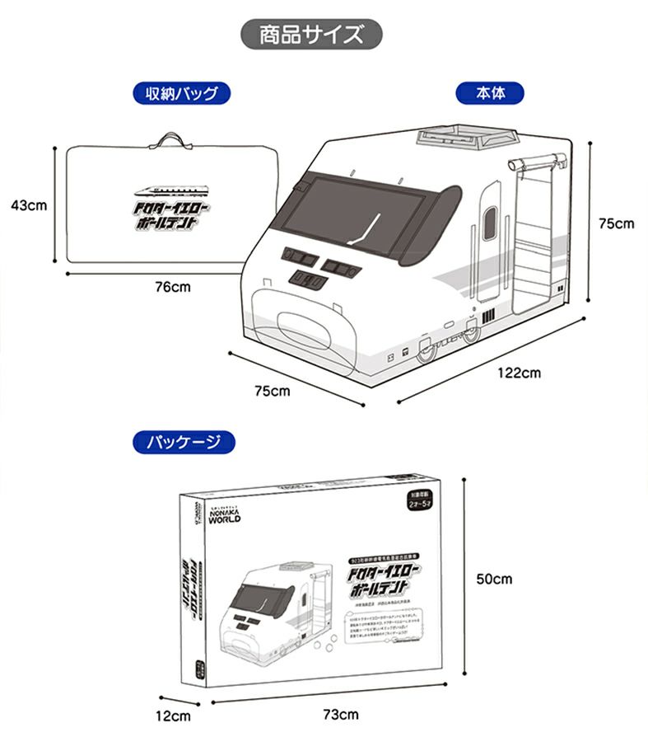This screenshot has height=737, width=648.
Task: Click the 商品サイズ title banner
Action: pos(311,35)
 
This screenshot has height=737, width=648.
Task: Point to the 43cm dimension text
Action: pos(29,204)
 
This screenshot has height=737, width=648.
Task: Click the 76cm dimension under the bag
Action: pos(172,287)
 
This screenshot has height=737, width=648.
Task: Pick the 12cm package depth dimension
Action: pos(174,715)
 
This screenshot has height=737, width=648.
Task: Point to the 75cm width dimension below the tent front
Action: pos(272,390)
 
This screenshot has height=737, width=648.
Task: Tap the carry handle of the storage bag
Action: pos(171,138)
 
